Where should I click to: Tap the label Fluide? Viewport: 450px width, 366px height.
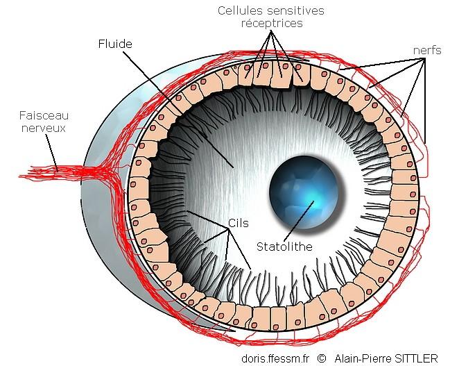click(114, 44)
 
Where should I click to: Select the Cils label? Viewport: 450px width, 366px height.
click(238, 224)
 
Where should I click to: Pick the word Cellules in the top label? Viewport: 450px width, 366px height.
click(240, 10)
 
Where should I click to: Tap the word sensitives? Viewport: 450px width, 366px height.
click(291, 10)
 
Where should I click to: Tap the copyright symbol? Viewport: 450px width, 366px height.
click(320, 358)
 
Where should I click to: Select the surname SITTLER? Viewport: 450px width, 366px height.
click(416, 358)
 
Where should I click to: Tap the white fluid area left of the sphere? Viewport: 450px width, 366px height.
click(229, 174)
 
